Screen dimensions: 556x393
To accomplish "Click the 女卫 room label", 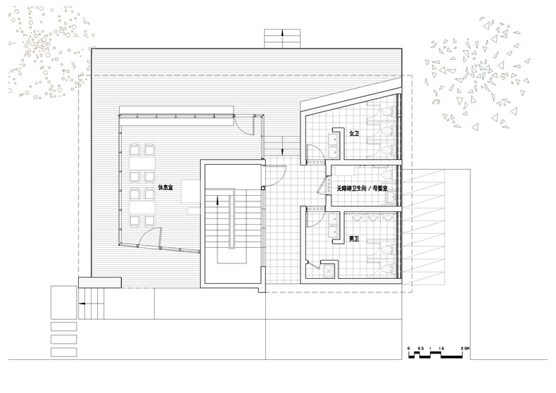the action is (354, 134).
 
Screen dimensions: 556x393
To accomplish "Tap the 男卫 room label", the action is (354, 239).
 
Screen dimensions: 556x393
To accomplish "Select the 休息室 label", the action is (165, 187).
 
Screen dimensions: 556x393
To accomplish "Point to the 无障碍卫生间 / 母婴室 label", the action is (362, 189).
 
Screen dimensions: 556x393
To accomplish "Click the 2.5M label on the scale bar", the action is (465, 349).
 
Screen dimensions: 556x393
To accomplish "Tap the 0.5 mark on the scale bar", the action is (420, 349).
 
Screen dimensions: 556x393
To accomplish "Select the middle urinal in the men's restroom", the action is (373, 216).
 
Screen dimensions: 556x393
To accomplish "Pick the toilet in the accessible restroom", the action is (388, 175).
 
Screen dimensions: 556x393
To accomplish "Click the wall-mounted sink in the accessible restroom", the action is (392, 198).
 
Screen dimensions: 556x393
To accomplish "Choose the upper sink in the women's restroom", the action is (334, 140).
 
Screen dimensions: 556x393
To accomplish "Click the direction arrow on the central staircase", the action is (217, 201).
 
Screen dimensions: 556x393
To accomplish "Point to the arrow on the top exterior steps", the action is (283, 33).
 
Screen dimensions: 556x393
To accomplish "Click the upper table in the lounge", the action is (142, 163).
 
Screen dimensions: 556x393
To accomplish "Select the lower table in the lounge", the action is (142, 207).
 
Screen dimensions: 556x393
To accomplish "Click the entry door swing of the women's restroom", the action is (315, 154).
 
